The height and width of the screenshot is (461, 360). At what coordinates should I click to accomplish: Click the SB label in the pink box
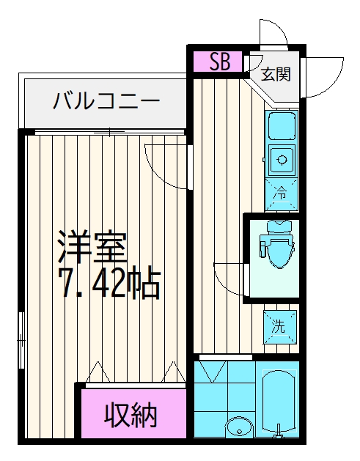click(x=219, y=62)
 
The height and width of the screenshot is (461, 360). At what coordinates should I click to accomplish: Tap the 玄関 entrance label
click(x=276, y=74)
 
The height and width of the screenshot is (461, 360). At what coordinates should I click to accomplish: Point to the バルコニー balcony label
click(x=106, y=100)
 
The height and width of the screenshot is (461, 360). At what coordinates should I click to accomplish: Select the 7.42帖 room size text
click(x=109, y=282)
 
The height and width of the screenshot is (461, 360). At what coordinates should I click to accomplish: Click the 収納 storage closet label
click(x=131, y=416)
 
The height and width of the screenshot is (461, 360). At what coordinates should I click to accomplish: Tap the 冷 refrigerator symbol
click(x=281, y=194)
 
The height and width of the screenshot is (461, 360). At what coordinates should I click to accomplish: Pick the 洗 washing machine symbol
click(x=279, y=327)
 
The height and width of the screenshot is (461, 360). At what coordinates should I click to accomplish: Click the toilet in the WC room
click(x=276, y=243)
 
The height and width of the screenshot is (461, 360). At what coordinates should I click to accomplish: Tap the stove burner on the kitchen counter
click(x=282, y=160)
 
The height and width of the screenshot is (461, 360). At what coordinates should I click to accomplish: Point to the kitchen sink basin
click(x=282, y=125)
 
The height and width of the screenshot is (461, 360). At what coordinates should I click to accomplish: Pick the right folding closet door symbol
click(x=174, y=372)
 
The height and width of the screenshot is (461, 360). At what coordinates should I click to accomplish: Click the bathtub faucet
click(x=278, y=432)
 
